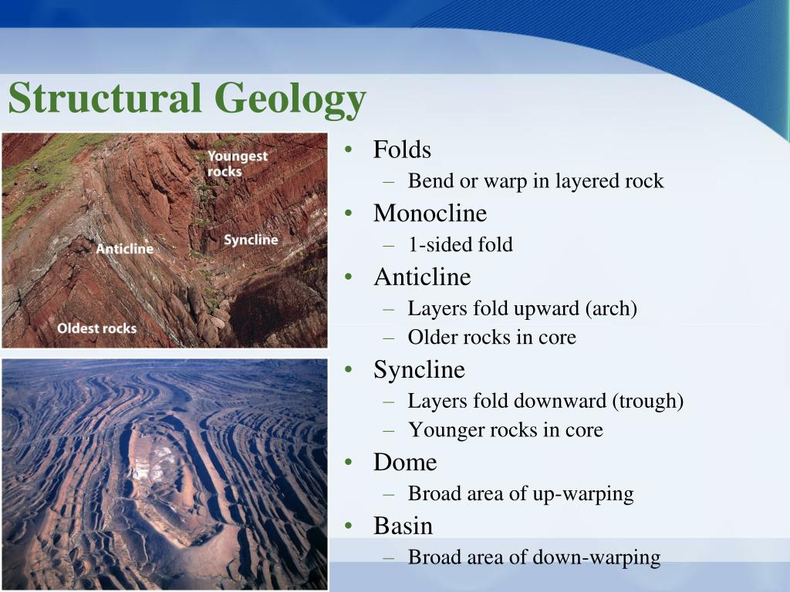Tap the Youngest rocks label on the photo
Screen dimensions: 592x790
(238, 163)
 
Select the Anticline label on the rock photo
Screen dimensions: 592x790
(125, 248)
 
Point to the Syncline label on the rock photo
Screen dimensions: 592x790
(251, 240)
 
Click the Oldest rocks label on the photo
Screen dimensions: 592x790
(96, 328)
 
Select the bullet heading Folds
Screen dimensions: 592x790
(402, 150)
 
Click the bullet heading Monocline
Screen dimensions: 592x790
(430, 213)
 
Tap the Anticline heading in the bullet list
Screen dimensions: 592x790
(422, 277)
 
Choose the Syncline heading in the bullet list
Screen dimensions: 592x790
(419, 370)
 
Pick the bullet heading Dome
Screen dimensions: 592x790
(405, 462)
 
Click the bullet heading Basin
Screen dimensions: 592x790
(403, 526)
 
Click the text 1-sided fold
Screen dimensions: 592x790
(460, 245)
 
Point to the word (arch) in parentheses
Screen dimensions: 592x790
(611, 309)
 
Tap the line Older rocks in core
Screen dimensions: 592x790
(491, 338)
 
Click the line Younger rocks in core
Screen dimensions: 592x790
(505, 430)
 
